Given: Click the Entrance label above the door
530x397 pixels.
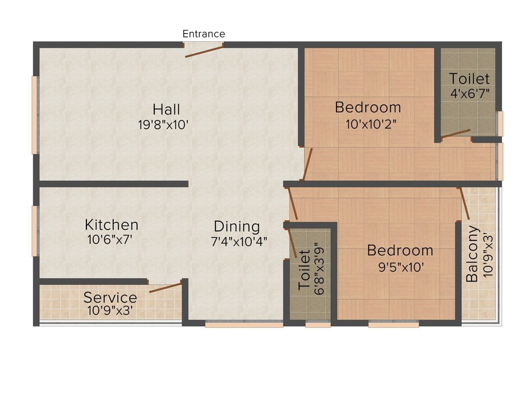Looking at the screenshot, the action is [203, 34].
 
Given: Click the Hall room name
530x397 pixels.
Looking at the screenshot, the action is [166, 110].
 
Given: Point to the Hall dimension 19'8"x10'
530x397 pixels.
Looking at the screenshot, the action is [163, 125].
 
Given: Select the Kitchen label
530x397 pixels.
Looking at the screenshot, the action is [112, 224].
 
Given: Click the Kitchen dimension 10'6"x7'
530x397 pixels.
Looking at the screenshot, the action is [110, 240].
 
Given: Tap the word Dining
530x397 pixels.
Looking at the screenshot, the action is [237, 227].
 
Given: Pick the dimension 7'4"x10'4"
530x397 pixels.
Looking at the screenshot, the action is [239, 242].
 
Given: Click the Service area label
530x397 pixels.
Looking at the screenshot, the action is [110, 297].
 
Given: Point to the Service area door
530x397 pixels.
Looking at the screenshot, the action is [166, 287].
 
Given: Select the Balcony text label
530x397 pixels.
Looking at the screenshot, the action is [472, 253].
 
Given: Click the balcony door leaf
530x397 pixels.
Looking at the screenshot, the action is [464, 204].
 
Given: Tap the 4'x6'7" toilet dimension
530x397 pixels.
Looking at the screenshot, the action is [470, 93].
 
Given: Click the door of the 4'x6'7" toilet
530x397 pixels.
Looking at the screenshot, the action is [455, 134].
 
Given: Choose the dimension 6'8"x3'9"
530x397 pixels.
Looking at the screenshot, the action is [319, 269].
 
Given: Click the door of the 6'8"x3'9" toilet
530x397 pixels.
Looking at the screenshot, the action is [291, 243].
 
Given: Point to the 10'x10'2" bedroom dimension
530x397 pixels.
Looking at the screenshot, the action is [371, 124].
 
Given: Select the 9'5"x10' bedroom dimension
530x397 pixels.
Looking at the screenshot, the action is [401, 267].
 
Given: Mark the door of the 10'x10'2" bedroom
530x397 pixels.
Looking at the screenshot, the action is [307, 164].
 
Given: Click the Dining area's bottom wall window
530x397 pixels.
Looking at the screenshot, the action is [244, 325].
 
